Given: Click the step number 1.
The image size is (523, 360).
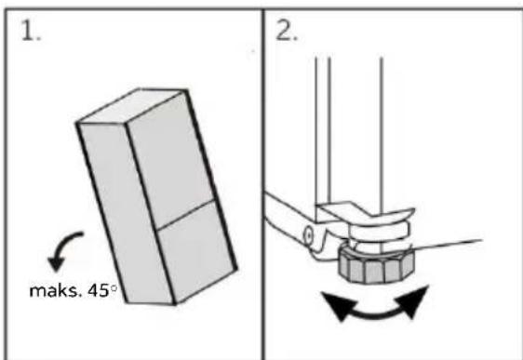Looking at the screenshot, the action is point(31,31).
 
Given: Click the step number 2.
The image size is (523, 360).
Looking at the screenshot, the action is point(287,32).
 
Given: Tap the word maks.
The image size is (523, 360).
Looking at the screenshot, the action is point(55,290).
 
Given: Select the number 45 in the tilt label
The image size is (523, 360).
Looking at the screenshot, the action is point(99,290).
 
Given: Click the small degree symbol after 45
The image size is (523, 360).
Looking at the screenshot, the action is point(114,288).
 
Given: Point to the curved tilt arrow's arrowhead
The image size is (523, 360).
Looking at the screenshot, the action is point(57,263).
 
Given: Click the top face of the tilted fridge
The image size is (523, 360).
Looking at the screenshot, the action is point(133,105).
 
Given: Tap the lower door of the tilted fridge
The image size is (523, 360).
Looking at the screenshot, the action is point(196,252).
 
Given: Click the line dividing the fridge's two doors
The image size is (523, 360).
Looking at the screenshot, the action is point(185,215).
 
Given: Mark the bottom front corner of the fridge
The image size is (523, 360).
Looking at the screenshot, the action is point(174,303).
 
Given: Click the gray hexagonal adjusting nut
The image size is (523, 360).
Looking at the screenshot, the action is point(376,267).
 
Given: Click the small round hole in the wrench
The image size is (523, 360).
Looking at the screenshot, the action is point(309,235).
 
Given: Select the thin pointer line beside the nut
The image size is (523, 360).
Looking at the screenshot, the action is point(447,244).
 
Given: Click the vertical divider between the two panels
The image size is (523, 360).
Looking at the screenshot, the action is point(263,184).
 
